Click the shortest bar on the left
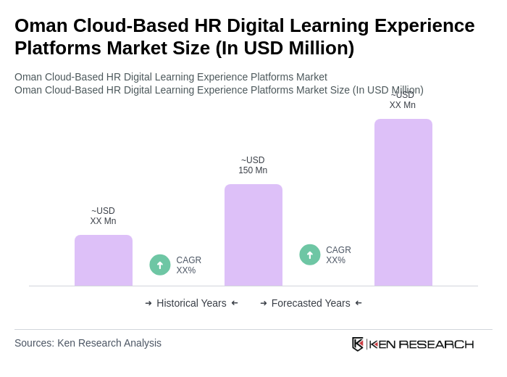click(104, 260)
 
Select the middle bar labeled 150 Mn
click(253, 235)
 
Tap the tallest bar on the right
click(403, 202)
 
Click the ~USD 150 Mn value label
click(253, 165)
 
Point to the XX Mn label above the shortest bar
click(103, 216)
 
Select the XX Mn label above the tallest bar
click(403, 101)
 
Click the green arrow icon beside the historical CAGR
click(160, 265)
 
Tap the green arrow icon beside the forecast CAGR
click(310, 254)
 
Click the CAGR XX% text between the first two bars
click(189, 265)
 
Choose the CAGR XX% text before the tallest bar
click(338, 255)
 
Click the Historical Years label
click(191, 303)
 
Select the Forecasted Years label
click(311, 303)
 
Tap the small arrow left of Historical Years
click(148, 303)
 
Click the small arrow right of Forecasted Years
click(359, 303)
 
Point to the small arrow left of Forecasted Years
click(264, 303)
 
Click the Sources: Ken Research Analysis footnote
click(88, 343)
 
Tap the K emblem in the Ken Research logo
click(358, 344)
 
